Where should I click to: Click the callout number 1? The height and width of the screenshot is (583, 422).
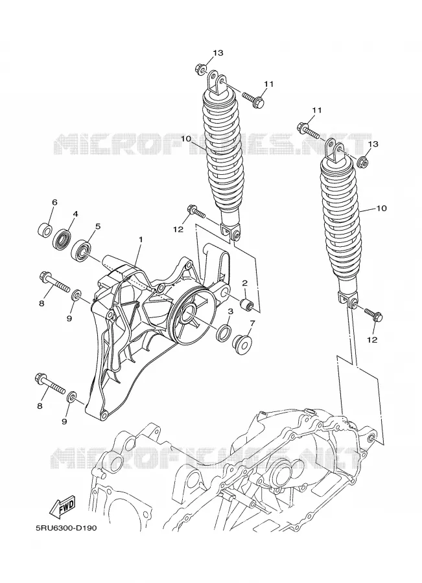(x=141, y=240)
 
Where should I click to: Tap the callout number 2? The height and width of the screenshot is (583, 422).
(x=245, y=283)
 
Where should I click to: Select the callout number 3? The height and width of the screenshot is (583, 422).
(x=230, y=311)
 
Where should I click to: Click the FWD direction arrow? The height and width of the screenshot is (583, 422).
(x=62, y=507)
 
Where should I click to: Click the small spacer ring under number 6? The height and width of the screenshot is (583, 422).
(x=45, y=230)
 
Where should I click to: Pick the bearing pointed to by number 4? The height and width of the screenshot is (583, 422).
(x=61, y=239)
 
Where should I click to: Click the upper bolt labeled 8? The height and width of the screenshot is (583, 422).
(x=54, y=282)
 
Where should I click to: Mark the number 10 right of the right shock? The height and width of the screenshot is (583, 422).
(x=381, y=208)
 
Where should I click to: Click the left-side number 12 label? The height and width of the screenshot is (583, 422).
(x=178, y=229)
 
